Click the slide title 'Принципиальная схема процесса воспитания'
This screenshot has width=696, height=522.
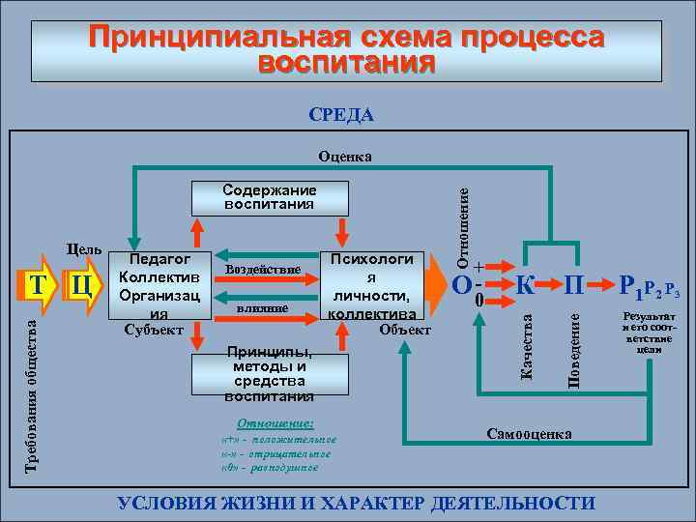coord(347,50)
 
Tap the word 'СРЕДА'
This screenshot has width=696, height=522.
coord(341,116)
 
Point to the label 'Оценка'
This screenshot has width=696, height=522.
coord(345,157)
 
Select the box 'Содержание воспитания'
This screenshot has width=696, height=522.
coord(269,197)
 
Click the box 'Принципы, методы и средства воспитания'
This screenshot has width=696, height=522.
coord(269,373)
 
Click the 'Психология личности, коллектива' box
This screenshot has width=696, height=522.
coord(372,285)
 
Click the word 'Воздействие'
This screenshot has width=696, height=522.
coord(261,268)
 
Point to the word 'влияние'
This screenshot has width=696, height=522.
coord(261,307)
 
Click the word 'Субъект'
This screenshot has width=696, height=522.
coord(154,329)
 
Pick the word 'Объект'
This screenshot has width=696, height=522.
coord(405,330)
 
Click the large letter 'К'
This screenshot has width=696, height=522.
coord(525,285)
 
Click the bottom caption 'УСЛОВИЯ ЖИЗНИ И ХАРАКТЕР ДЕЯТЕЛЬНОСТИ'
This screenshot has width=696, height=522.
coord(356,503)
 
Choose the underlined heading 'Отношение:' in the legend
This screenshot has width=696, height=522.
coord(275,423)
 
